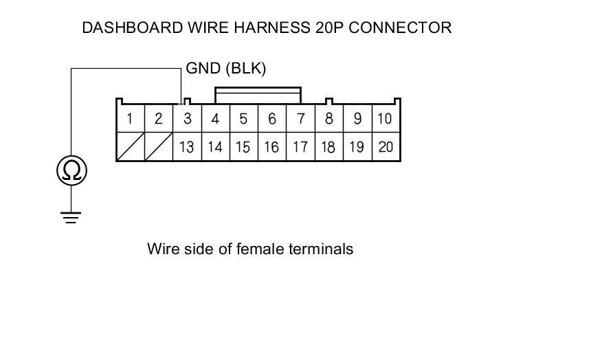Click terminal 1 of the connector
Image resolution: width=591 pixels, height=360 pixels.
(x=130, y=119)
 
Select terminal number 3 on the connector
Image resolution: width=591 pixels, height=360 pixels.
(x=187, y=119)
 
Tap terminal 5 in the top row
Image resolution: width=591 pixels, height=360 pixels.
(x=243, y=119)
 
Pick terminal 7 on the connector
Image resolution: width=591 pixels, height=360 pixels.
(x=300, y=119)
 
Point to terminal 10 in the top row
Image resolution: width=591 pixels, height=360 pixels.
(x=386, y=119)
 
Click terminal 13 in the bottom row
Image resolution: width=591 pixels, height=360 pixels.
(x=187, y=147)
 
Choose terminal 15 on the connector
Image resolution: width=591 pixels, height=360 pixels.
(x=243, y=147)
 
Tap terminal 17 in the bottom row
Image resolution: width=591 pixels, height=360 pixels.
(x=300, y=147)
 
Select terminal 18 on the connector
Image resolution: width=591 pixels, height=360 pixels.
(x=328, y=147)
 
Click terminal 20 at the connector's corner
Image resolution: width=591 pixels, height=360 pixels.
(x=386, y=147)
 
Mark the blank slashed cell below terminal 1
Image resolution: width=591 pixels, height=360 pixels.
(x=130, y=147)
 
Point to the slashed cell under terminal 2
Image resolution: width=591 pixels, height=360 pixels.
(x=158, y=147)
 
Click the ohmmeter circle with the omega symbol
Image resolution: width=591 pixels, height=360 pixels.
(x=71, y=170)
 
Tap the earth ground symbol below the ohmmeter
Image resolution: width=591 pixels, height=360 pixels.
(x=71, y=218)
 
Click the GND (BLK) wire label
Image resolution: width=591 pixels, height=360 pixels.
(x=225, y=69)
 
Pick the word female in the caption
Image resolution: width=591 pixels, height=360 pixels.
(x=259, y=249)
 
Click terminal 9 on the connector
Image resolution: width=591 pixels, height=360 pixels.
(x=357, y=119)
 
